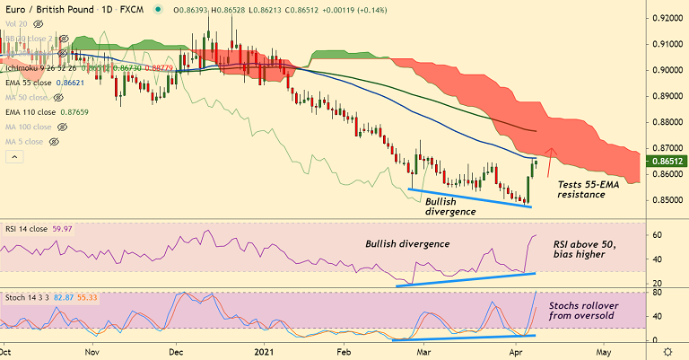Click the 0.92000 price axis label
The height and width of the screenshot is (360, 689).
coord(667,18)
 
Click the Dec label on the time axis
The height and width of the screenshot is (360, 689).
coord(176,352)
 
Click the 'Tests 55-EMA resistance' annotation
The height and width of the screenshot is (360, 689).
coord(590,189)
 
